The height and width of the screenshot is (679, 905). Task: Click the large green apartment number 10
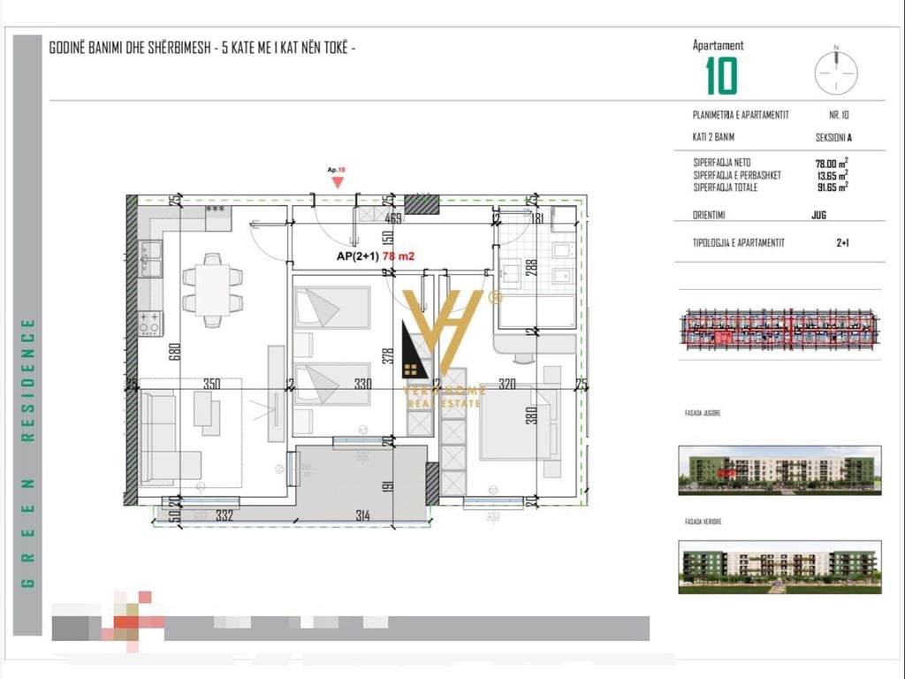(721, 76)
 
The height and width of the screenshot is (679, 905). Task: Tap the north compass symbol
(835, 70)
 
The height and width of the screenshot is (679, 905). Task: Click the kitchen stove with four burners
(149, 324)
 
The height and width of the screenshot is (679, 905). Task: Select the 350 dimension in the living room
(211, 385)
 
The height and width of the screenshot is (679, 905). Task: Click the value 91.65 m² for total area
(831, 187)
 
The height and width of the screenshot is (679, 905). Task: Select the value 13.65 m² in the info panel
(831, 175)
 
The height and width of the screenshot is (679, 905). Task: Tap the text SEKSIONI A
(833, 138)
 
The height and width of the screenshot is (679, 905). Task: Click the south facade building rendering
(779, 469)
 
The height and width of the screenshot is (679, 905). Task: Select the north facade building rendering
(779, 566)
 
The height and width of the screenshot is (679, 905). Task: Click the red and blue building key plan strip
(779, 327)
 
